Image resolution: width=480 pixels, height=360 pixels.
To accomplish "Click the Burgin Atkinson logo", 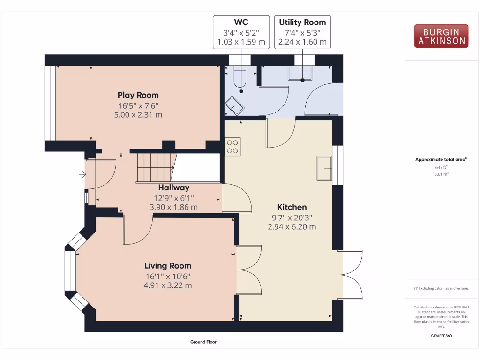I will click(x=441, y=36).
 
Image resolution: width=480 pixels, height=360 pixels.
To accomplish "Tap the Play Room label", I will click(x=138, y=95).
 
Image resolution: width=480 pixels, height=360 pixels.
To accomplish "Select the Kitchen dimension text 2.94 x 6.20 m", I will click(x=292, y=226).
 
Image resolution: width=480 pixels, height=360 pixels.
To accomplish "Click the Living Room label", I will click(x=168, y=266).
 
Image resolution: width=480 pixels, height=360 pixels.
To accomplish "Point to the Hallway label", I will click(x=174, y=187).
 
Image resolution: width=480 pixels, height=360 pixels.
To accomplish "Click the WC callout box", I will click(x=241, y=32).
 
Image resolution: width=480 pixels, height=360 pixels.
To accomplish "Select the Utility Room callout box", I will click(x=302, y=32).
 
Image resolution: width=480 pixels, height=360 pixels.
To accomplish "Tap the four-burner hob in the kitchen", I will click(x=233, y=146).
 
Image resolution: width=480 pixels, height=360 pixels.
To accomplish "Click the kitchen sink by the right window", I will click(x=324, y=168).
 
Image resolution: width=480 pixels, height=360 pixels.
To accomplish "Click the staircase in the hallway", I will click(x=155, y=167).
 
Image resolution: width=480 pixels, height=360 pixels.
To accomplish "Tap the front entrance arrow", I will click(x=83, y=175).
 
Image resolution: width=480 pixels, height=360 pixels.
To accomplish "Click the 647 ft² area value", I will click(x=441, y=167).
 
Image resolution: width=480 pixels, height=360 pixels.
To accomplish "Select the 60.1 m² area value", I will click(x=441, y=174).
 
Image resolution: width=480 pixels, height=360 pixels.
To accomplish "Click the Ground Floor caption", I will click(x=203, y=342).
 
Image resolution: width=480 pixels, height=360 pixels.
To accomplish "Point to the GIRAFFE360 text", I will click(x=441, y=336).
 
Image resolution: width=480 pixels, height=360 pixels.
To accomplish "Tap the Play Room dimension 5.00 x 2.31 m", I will click(x=138, y=114).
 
